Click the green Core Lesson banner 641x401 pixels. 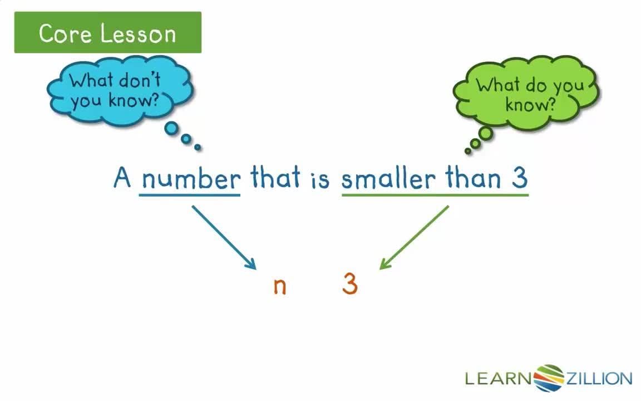pos(107,33)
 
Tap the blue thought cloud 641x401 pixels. pos(120,91)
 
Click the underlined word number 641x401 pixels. pos(190,179)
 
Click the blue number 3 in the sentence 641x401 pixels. pos(519,178)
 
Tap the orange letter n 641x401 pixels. pos(280,286)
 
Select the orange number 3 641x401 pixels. pos(349,285)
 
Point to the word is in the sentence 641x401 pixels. pos(320,179)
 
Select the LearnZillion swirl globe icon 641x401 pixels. pos(549,378)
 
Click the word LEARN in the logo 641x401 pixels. pos(499,379)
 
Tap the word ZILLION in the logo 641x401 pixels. pos(599,379)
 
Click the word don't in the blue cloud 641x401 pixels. pos(138,80)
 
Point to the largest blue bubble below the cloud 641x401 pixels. pos(172,129)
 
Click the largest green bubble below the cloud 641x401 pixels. pos(485,134)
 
